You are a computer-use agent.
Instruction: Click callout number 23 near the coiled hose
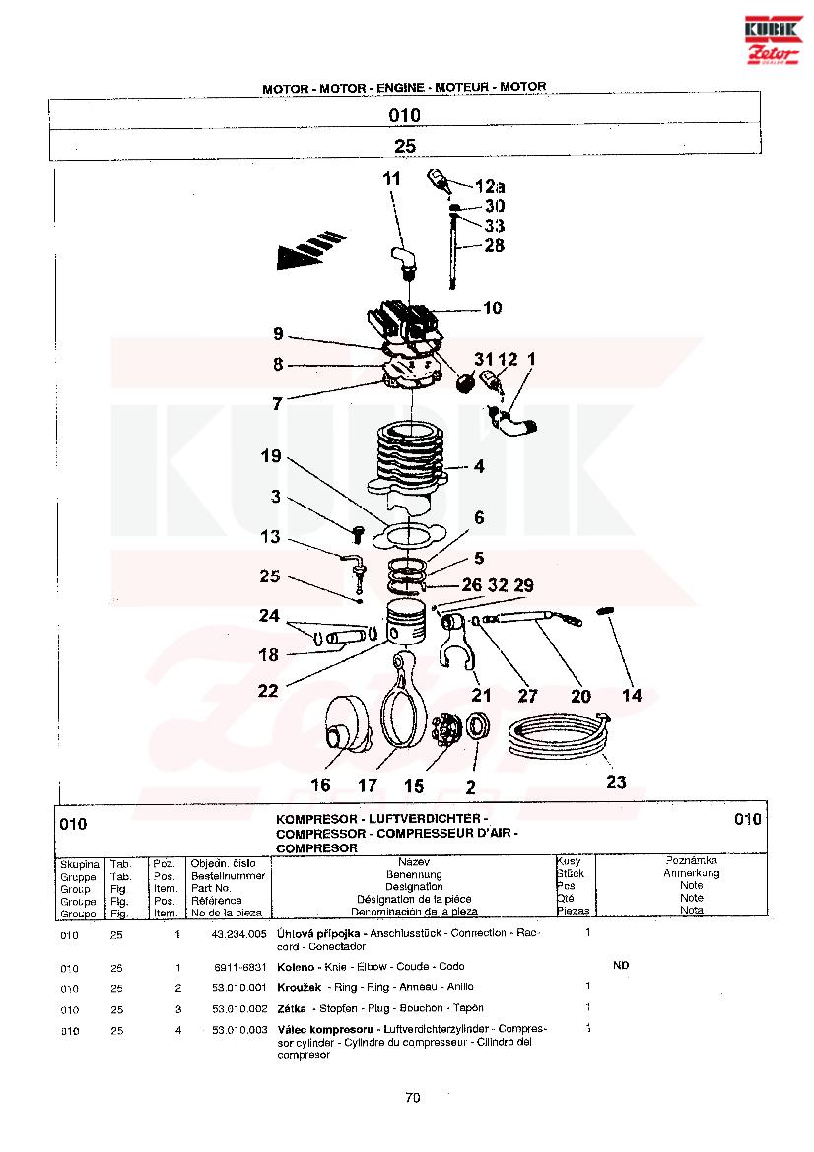616,782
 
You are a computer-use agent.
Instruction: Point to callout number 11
392,179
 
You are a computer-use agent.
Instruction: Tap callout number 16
320,785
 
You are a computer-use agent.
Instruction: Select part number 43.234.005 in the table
239,933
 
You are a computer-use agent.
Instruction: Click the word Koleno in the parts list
295,967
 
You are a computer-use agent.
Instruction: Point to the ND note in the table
621,966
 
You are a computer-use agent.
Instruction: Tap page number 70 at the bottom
413,1098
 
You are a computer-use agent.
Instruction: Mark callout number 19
271,457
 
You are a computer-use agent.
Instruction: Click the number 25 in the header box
405,146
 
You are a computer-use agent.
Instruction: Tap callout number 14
632,696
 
